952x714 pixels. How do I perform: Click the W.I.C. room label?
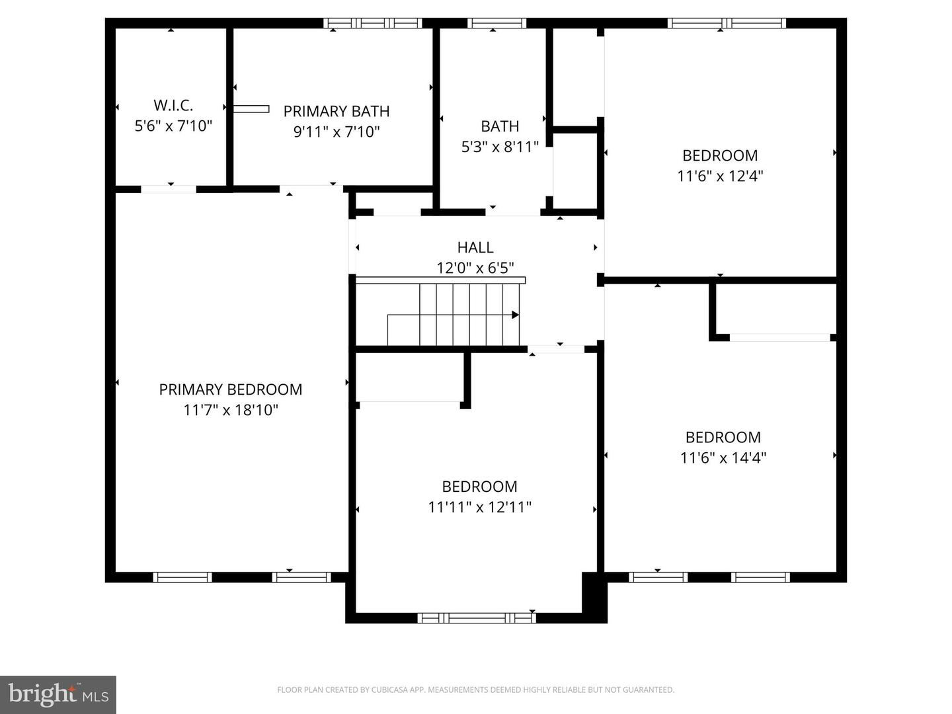coord(173,105)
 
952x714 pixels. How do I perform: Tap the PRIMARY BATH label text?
coord(337,111)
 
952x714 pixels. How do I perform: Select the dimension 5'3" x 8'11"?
coord(500,147)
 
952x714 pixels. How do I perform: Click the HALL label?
coord(475,247)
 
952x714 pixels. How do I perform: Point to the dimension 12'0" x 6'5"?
coord(475,268)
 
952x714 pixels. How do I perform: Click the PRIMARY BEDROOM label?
coord(231,389)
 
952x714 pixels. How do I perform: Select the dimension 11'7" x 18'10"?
coord(231,410)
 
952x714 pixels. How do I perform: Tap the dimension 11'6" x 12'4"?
coord(720,176)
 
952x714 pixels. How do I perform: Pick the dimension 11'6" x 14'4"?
coord(723,457)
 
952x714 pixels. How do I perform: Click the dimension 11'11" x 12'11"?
coord(479,507)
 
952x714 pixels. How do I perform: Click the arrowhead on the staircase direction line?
coord(515,315)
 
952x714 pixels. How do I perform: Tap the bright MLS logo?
coord(58,695)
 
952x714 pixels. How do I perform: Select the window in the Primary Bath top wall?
coord(373,23)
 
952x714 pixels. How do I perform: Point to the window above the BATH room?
coord(496,23)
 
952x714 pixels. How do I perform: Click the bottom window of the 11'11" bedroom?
coord(477,618)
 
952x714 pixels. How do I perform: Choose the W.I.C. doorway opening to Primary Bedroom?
coord(169,189)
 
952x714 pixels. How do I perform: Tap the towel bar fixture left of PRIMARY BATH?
coord(251,108)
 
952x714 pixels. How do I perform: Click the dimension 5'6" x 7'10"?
coord(173,126)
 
